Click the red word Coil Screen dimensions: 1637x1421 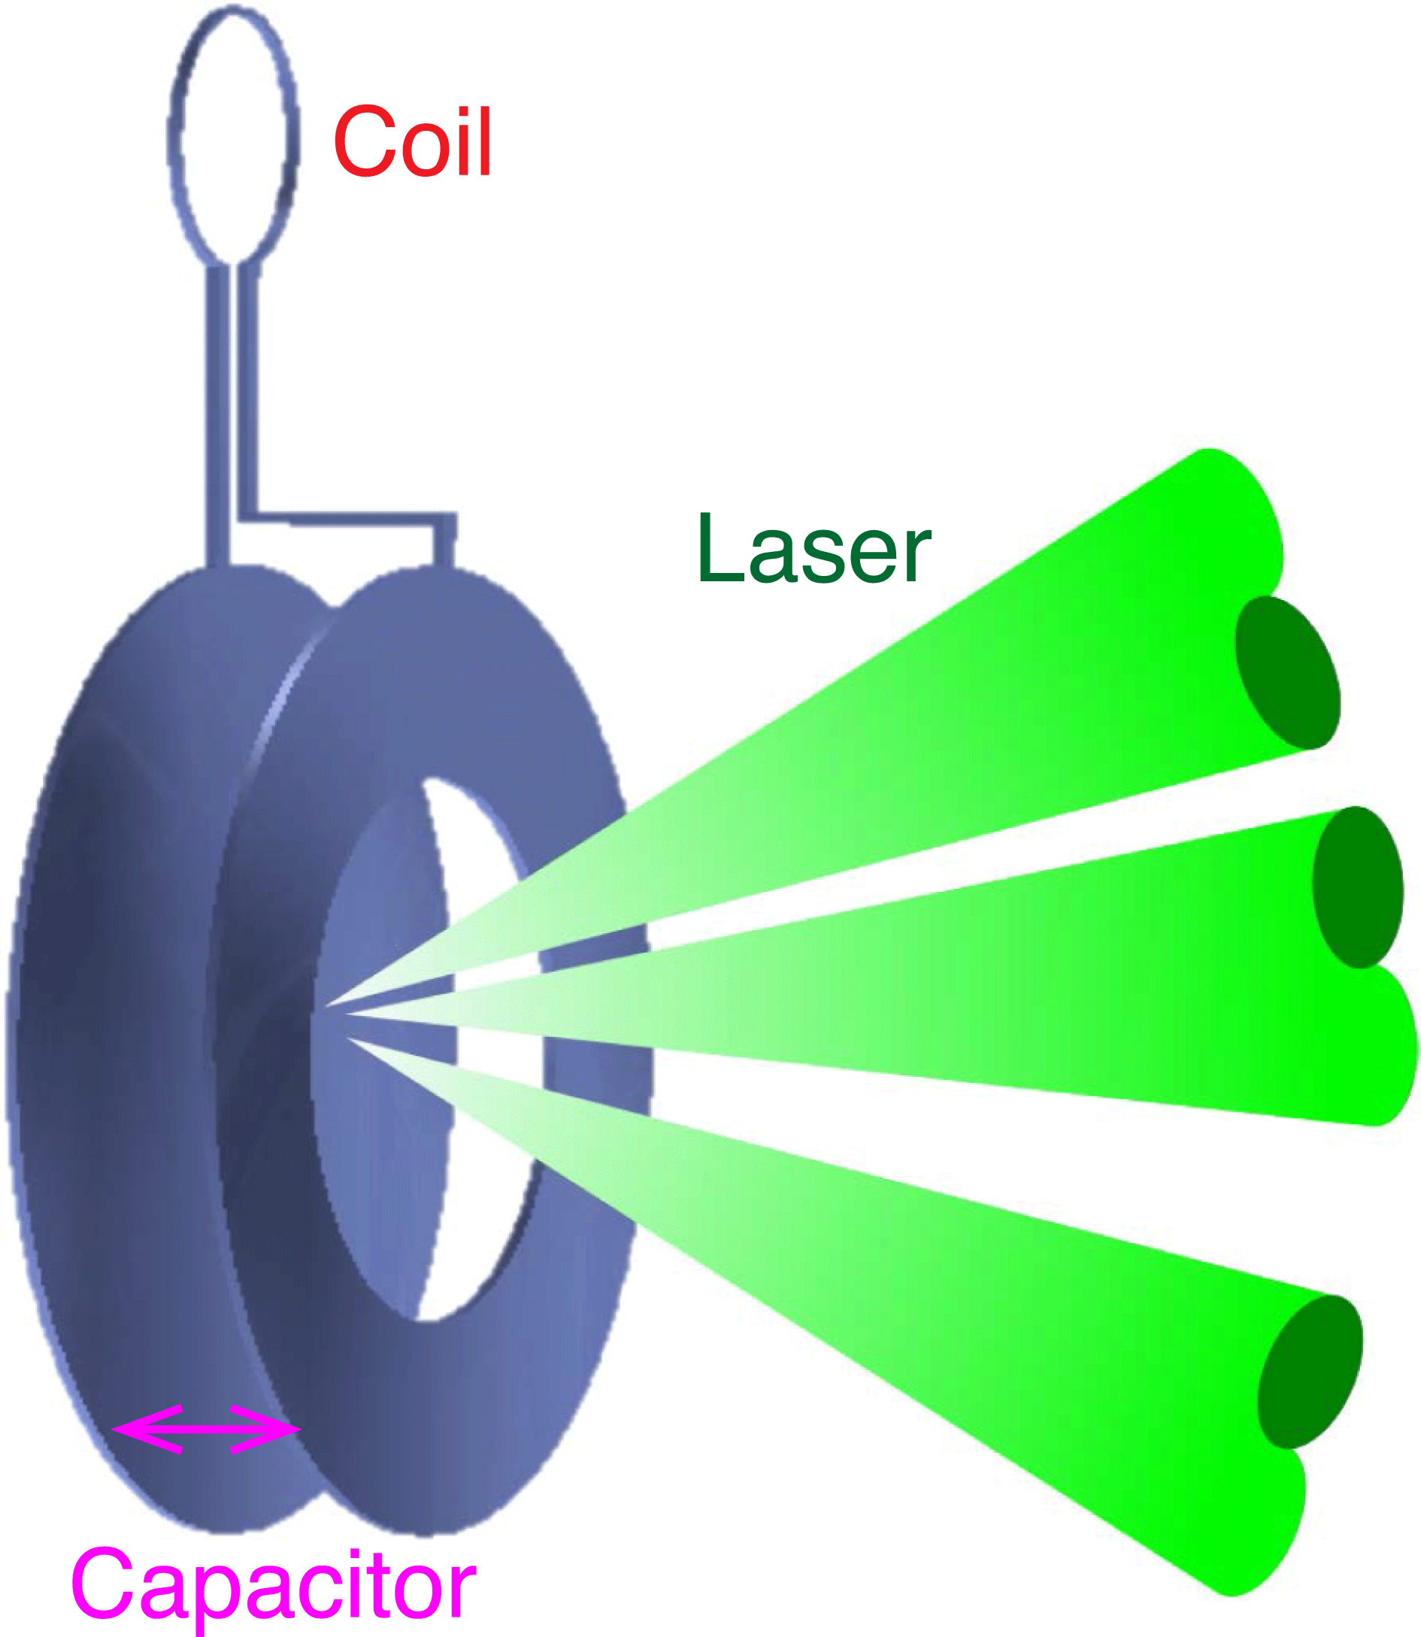(x=412, y=142)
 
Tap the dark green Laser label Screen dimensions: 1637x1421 (x=814, y=548)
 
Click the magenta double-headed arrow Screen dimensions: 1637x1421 (x=206, y=1429)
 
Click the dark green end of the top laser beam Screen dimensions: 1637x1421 (x=1287, y=673)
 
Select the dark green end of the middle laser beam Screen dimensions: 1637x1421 (x=1358, y=887)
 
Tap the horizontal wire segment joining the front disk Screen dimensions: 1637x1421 (x=349, y=519)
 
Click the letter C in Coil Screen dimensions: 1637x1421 (x=365, y=142)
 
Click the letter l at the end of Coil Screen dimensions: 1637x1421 (x=484, y=141)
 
